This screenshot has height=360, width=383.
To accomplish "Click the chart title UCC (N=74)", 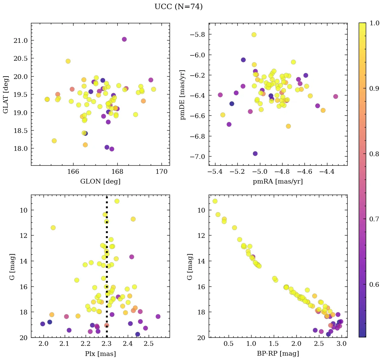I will pos(178,7).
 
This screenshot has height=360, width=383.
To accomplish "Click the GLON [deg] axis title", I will pos(100,182).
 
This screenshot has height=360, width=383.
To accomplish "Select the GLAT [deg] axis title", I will pos(6,94).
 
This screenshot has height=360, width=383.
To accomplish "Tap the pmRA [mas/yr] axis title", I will pos(278,182).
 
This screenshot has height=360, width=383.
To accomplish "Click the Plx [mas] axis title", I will pos(100,354).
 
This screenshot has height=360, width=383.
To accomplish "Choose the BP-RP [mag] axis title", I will pos(278,354).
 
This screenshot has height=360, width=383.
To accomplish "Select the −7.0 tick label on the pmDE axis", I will pos(198,157).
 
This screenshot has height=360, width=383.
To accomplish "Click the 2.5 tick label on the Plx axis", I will pos(149,343).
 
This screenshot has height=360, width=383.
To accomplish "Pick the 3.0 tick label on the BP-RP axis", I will pos(342,343).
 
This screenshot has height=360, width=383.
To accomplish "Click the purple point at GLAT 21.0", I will pos(124,39).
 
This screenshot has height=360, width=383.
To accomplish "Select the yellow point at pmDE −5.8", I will pos(254,35).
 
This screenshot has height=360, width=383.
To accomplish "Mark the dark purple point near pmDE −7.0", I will pos(255,154).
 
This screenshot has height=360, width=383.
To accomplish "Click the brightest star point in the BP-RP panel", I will pos(215,201).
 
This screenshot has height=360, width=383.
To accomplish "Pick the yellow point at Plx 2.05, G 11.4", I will pos(53,228).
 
